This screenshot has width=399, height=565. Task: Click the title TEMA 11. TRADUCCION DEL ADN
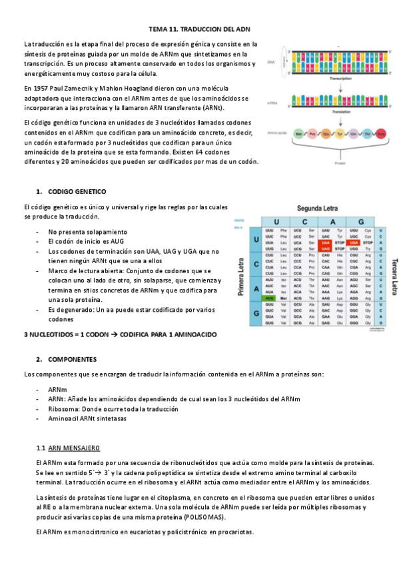pos(199,30)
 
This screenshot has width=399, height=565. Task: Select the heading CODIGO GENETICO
pos(77,191)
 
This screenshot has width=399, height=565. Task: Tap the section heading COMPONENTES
pos(73,358)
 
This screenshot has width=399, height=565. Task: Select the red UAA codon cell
pos(326,243)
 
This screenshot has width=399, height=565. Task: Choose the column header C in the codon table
pos(303,221)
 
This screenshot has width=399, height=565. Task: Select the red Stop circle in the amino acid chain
pos(381,134)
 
